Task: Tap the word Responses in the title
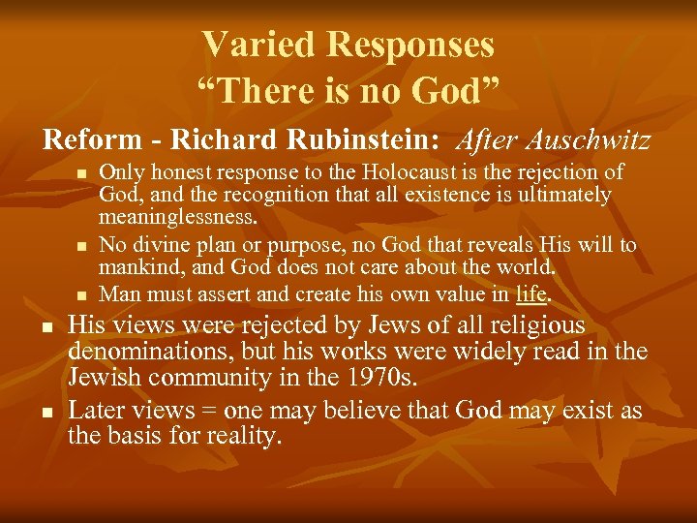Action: [x=410, y=44]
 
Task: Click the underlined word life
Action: [x=531, y=292]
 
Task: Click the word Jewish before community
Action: [x=111, y=376]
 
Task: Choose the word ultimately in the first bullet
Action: [x=564, y=195]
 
